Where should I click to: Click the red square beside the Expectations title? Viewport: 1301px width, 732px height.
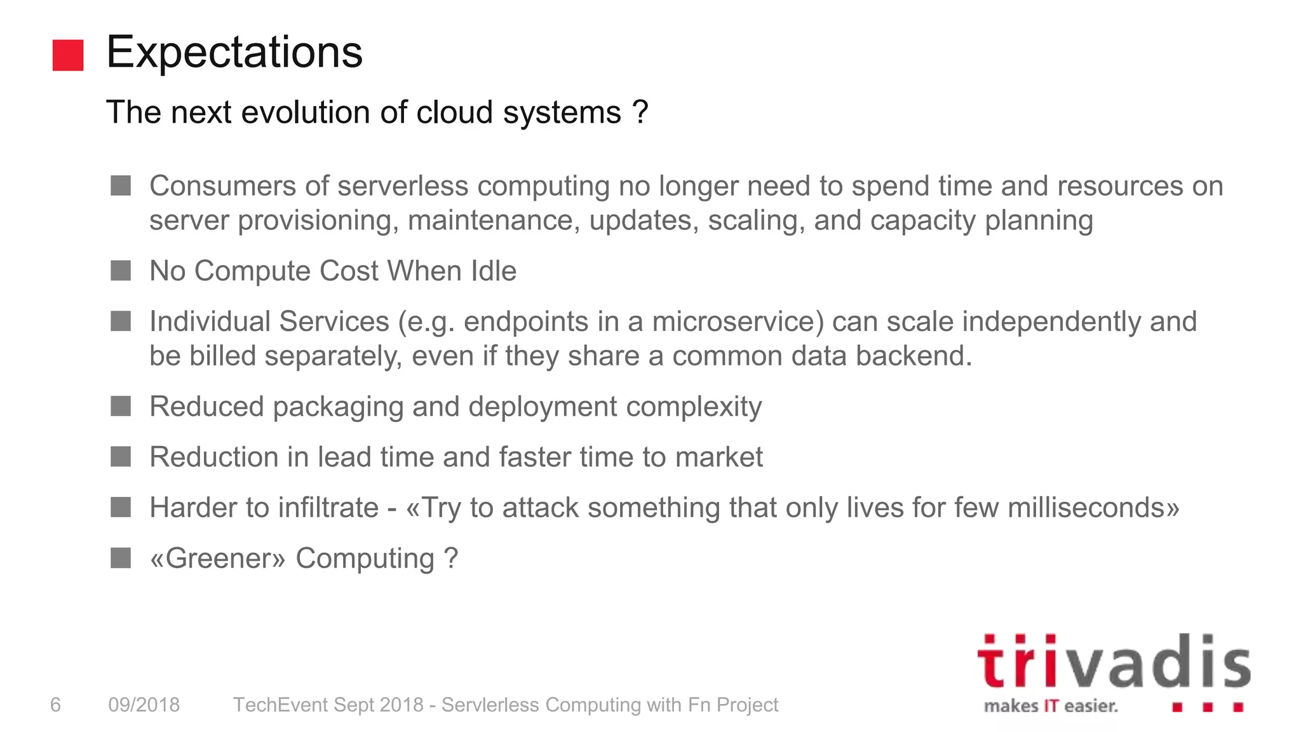tap(68, 55)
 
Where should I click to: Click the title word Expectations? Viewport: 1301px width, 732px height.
tap(234, 52)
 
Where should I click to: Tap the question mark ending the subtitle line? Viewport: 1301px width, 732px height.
tap(640, 112)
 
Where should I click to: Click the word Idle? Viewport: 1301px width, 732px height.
tap(493, 271)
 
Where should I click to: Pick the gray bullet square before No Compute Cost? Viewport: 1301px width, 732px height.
tap(121, 271)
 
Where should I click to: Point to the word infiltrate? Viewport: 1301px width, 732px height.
tap(328, 508)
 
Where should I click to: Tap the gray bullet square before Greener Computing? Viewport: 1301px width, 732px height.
tap(121, 559)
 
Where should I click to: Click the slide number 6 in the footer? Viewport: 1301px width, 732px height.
tap(55, 705)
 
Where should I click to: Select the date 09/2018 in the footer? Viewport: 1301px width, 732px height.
tap(144, 705)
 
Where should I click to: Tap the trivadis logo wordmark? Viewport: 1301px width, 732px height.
tap(1113, 662)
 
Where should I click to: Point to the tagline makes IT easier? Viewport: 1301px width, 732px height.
tap(1051, 706)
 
